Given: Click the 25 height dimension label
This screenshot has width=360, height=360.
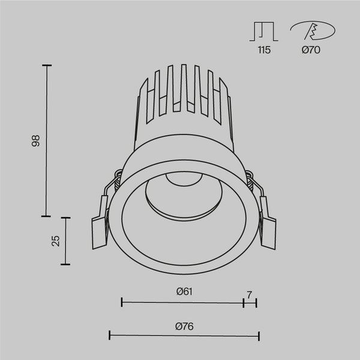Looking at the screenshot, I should tap(56, 241).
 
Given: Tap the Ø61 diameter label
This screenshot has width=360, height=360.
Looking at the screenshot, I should tap(184, 292).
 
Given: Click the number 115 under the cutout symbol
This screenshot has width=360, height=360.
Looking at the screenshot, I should tap(264, 50).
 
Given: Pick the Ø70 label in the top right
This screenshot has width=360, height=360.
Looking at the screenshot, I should tap(311, 50).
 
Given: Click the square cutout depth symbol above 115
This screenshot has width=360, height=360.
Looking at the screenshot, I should tap(264, 31).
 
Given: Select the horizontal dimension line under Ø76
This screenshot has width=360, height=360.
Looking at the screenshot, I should tap(184, 336).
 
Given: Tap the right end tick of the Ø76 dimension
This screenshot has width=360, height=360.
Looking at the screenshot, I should tap(259, 336).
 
